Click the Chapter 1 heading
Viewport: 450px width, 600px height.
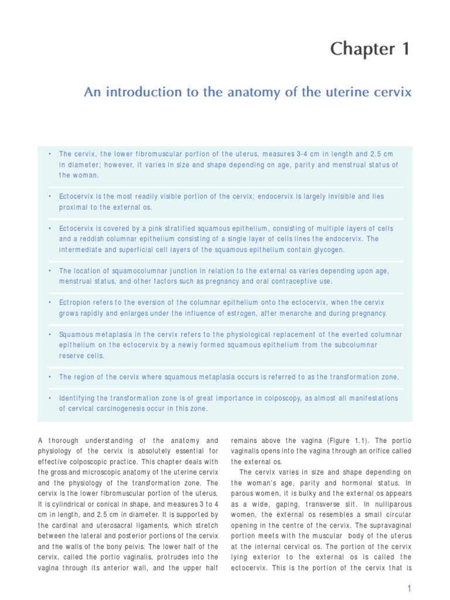coord(370,50)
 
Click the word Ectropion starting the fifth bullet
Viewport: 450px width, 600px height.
coord(74,302)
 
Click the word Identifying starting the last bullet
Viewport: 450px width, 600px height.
coord(77,398)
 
